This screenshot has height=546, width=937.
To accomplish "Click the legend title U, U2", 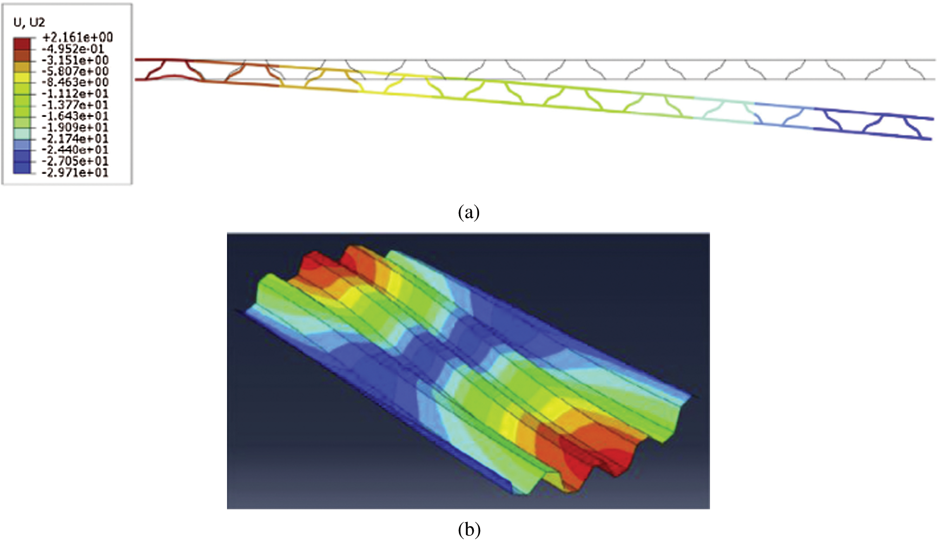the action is (x=29, y=22).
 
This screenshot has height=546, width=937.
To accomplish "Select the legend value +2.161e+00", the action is (x=78, y=37).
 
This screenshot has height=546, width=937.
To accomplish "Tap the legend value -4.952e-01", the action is (x=73, y=49).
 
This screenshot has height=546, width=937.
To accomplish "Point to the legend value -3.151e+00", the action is (x=75, y=60).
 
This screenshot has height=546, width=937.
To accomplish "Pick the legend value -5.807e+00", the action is (x=75, y=71).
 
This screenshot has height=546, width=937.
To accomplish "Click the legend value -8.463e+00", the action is (x=75, y=82).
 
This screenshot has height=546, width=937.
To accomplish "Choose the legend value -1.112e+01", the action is (x=75, y=94).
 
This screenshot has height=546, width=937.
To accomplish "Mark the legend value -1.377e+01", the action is (x=75, y=105).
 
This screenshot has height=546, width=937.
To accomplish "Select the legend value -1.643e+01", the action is (x=75, y=116).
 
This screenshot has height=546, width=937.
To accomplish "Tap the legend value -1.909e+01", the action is (x=75, y=128).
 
